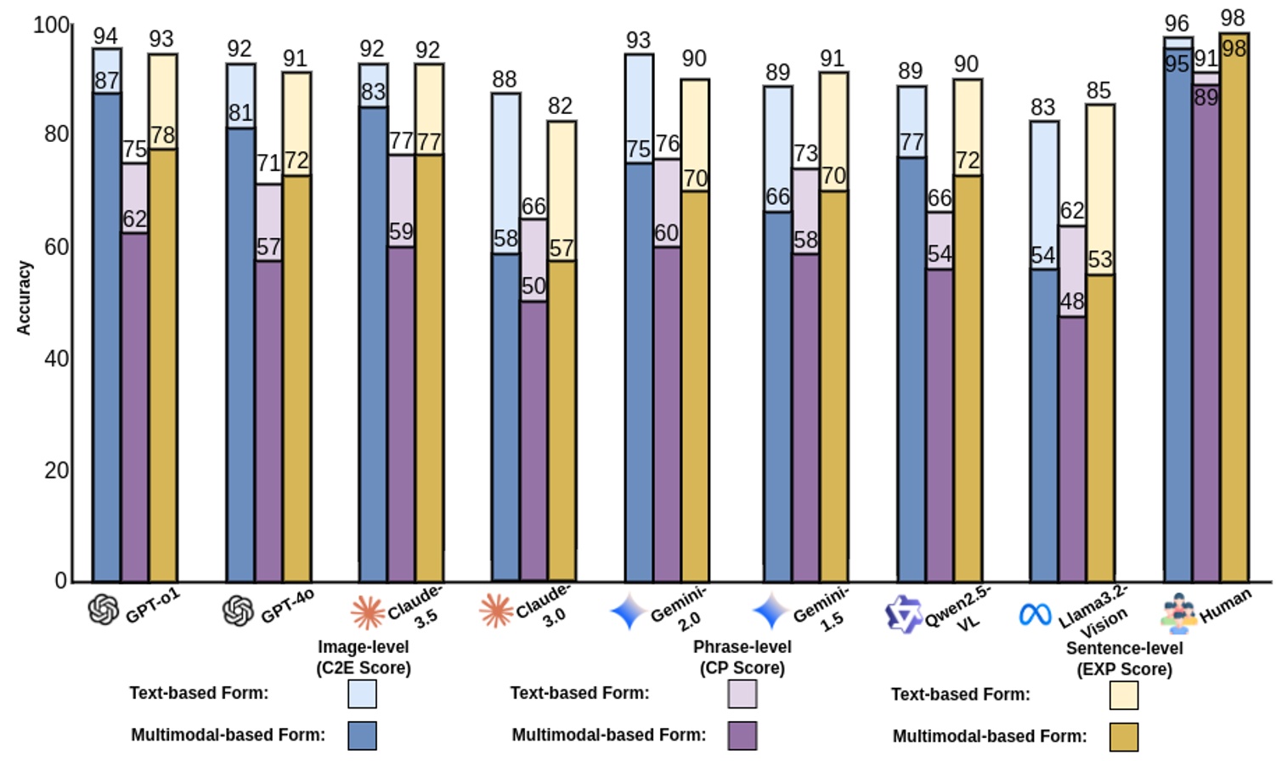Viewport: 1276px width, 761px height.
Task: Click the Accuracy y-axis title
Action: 24,298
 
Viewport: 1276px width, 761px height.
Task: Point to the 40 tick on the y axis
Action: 56,359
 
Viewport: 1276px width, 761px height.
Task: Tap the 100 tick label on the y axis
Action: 51,26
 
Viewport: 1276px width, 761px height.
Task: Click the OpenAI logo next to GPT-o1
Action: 104,609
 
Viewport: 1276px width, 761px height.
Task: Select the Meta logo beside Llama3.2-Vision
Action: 1035,614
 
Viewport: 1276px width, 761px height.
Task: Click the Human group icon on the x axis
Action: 1178,613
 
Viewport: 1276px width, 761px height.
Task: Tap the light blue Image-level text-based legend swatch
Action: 362,694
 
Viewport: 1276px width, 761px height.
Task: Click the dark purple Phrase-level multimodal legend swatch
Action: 742,735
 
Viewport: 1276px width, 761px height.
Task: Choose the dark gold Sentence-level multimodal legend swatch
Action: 1124,736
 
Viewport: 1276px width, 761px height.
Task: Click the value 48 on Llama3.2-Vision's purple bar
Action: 1071,302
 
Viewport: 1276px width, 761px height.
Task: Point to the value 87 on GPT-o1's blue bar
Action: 106,82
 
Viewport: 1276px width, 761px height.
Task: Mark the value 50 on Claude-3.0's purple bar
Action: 534,287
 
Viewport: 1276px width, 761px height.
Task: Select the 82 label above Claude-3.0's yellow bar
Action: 560,106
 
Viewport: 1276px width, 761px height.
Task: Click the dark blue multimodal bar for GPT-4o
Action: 240,357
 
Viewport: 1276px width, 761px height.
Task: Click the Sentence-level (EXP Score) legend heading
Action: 1124,659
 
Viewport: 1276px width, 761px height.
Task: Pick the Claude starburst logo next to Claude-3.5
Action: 368,611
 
